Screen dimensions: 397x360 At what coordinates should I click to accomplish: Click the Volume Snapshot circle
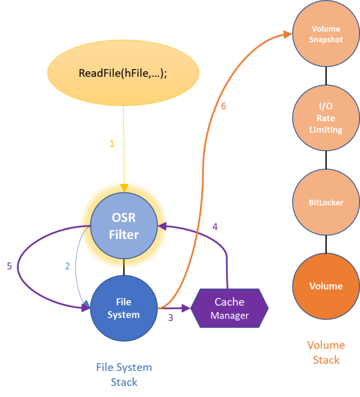tap(326, 34)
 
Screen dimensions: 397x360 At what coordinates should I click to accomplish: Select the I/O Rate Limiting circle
tap(326, 117)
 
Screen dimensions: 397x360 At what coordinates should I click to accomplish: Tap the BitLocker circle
tap(326, 203)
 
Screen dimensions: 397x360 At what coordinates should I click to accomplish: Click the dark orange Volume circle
tap(326, 286)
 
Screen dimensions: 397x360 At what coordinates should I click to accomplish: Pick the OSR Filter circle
tap(124, 226)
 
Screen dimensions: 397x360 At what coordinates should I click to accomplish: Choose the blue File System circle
tap(123, 308)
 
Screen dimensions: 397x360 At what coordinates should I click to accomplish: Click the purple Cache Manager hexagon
tap(229, 308)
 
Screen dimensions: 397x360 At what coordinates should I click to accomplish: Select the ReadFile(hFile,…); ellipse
tap(123, 73)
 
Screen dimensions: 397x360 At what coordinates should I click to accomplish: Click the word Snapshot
tap(326, 39)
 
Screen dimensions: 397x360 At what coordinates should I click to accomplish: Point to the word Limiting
tap(326, 130)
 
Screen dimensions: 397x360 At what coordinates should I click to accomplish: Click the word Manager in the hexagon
tap(229, 316)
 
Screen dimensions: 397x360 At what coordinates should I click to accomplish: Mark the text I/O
tap(326, 106)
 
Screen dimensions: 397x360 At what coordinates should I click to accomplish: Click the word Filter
tap(124, 234)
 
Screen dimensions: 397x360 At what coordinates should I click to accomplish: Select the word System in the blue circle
tap(123, 315)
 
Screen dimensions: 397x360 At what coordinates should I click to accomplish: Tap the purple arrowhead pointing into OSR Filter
tap(162, 227)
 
